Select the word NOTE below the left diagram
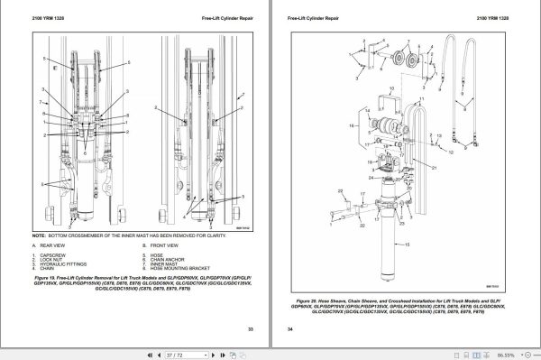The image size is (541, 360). (35, 235)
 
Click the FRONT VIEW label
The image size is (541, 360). (166, 245)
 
